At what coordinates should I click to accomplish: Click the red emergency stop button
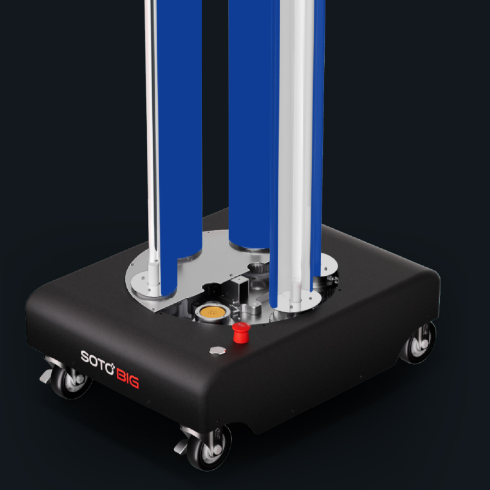coord(241,333)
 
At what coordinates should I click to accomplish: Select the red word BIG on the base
coord(127,378)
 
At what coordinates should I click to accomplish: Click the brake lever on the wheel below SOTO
coord(46,376)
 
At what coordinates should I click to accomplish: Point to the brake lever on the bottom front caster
coord(181,446)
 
